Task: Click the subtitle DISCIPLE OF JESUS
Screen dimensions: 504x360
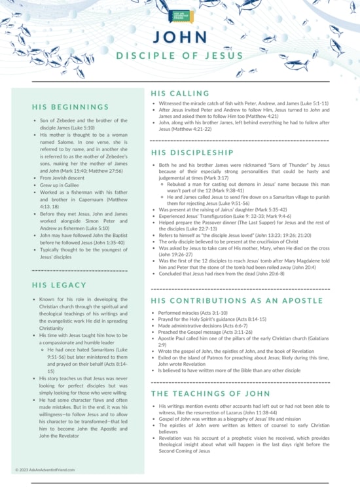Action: (x=179, y=56)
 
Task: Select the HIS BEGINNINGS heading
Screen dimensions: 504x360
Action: (x=70, y=107)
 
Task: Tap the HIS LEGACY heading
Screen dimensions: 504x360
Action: (x=59, y=285)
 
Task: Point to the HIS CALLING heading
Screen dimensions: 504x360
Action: (x=180, y=94)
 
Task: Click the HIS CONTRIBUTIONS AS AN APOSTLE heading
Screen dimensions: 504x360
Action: (x=236, y=301)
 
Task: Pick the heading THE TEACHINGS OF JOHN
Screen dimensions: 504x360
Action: (x=210, y=393)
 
